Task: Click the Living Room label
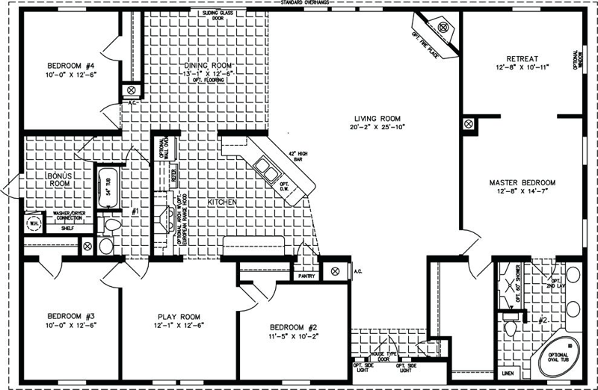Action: pyautogui.click(x=379, y=118)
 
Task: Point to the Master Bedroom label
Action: pyautogui.click(x=523, y=182)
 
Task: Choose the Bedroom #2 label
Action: pyautogui.click(x=291, y=327)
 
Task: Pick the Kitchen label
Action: pyautogui.click(x=222, y=202)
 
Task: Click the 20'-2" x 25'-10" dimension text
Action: pyautogui.click(x=379, y=127)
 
